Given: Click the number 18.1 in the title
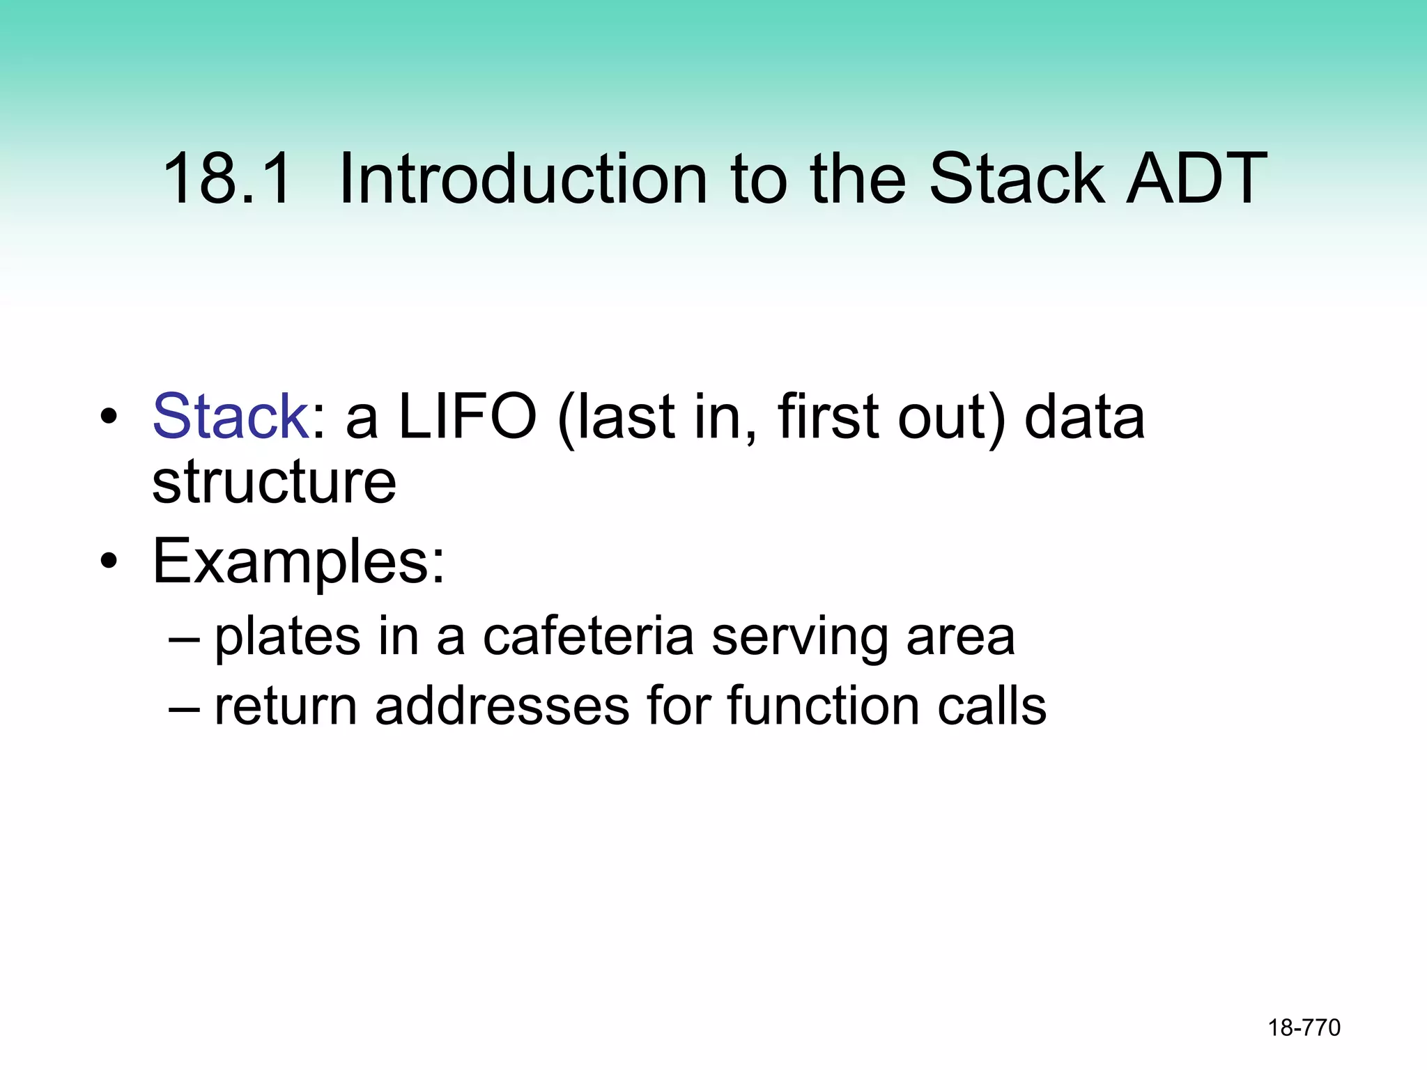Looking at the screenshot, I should (226, 180).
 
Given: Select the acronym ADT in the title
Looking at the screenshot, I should (1196, 180).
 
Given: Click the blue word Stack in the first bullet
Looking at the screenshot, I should (231, 417).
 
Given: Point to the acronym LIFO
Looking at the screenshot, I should (467, 417).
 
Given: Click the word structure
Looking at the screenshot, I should (274, 482).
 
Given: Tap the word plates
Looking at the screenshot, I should (287, 637).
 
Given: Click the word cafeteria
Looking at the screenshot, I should (588, 637).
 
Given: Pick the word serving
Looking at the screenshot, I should (799, 637).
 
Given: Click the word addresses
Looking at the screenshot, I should (502, 706).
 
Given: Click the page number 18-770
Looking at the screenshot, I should (1304, 1028).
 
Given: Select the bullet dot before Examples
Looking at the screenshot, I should (108, 560).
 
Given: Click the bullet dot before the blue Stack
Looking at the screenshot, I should (108, 417).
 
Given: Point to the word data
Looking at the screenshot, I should (1084, 417).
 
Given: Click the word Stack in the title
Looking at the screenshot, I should (1017, 180).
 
